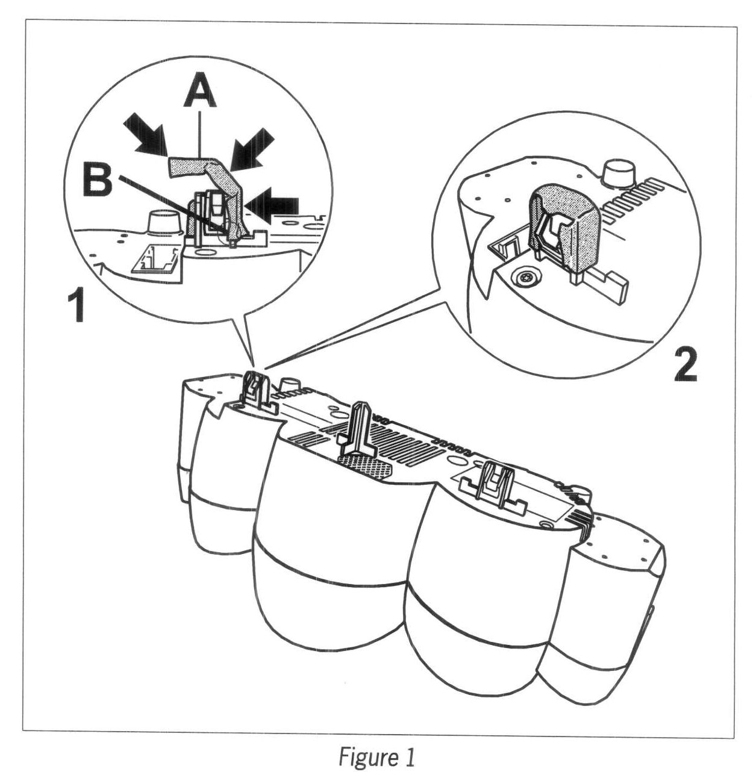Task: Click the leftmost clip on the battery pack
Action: coord(256,392)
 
